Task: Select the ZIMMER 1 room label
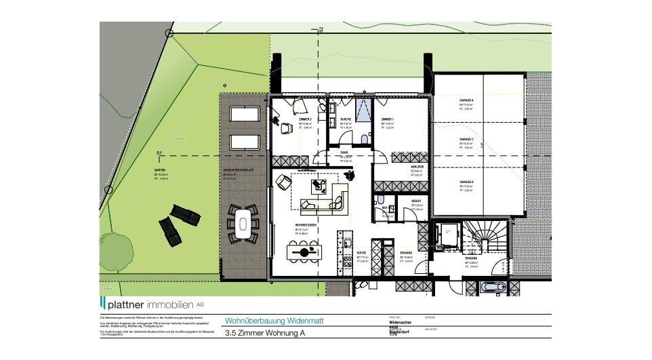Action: click(x=388, y=119)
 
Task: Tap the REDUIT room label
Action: click(x=417, y=201)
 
